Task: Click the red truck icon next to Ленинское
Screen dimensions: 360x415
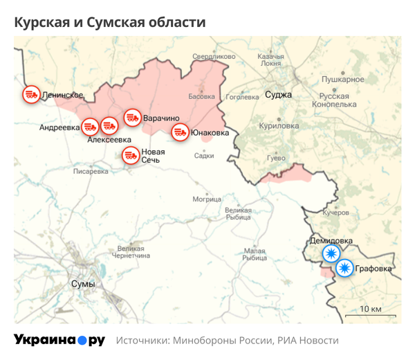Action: [30, 94]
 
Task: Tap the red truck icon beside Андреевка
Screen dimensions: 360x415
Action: [90, 127]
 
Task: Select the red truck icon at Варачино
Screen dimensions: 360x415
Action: [132, 118]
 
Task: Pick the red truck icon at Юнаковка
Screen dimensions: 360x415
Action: [180, 132]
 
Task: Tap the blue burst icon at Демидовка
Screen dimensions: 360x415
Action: [332, 254]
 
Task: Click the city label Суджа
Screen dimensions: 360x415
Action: [278, 95]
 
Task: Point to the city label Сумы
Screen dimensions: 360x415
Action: [83, 285]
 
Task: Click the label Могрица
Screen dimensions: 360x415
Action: [207, 199]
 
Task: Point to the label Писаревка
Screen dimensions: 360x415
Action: [91, 171]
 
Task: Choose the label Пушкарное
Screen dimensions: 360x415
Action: [344, 80]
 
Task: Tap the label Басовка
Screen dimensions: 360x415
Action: [202, 97]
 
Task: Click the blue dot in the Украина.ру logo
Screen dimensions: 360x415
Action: [82, 341]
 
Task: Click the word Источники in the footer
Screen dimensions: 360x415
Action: [142, 341]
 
